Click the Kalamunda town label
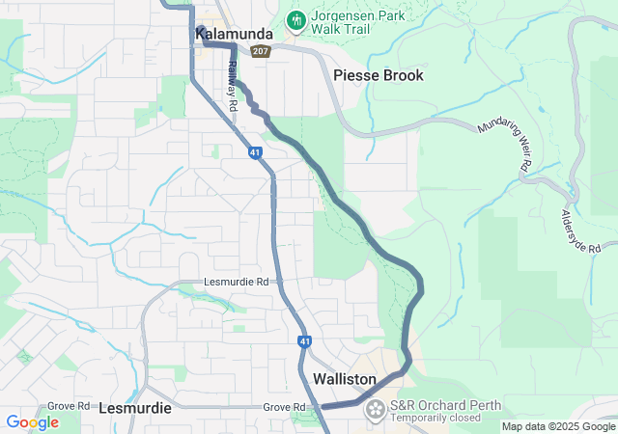(x=234, y=35)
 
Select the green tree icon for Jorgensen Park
(x=295, y=19)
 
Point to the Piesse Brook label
(x=378, y=75)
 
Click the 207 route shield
(x=259, y=51)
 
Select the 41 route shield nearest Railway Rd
(x=254, y=152)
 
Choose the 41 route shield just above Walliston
(x=304, y=341)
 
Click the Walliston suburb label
(x=345, y=380)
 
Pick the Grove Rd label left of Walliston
(x=284, y=408)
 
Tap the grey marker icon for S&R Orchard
(x=374, y=411)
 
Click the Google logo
(x=32, y=422)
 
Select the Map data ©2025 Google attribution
(x=558, y=426)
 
